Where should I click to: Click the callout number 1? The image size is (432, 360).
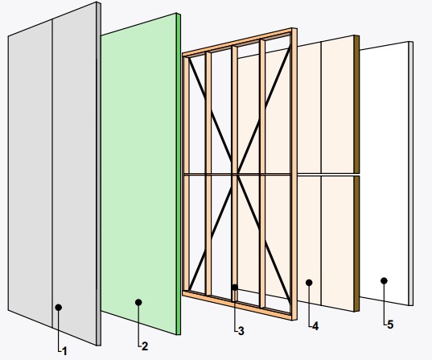[64, 351]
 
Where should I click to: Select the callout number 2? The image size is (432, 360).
[145, 346]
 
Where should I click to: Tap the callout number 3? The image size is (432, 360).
[241, 331]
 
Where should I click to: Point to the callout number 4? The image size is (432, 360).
[315, 326]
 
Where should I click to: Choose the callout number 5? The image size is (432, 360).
[390, 325]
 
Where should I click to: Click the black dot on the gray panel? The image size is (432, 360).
[59, 308]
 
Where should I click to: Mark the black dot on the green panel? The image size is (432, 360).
[138, 302]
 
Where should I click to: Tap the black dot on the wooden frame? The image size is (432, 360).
[234, 288]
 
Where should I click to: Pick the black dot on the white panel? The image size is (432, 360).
[384, 281]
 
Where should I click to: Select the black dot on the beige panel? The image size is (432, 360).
[309, 283]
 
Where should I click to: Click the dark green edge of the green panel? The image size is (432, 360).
[179, 174]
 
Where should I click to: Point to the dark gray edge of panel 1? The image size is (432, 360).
[99, 174]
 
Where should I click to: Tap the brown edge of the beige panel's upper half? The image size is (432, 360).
[357, 104]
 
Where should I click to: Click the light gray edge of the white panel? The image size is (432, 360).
[411, 173]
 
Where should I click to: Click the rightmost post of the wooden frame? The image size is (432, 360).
[294, 174]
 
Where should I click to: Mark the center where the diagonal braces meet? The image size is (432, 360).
[234, 174]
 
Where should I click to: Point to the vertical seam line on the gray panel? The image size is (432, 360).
[52, 174]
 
